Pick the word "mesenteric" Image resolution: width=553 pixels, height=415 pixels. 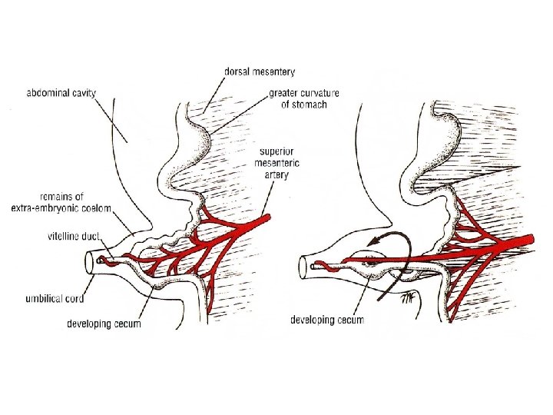pos(277,162)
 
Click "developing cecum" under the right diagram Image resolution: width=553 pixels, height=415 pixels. pos(327,319)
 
